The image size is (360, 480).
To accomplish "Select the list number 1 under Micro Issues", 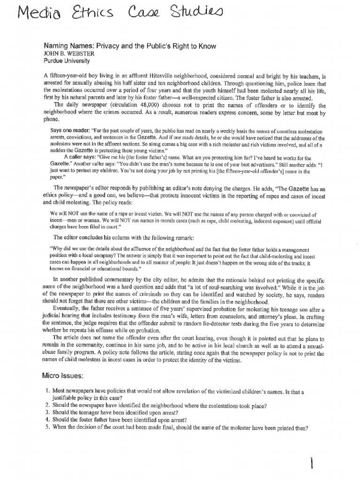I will tap(47, 391).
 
